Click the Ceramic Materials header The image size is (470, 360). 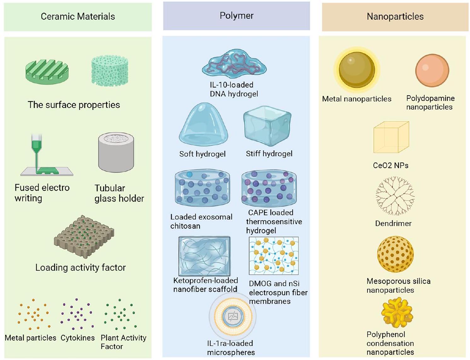click(78, 17)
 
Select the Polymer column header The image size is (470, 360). click(237, 16)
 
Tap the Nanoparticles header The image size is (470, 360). click(395, 17)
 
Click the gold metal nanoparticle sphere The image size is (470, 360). click(357, 70)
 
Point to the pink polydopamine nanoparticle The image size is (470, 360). click(432, 70)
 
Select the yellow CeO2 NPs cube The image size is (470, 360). click(391, 137)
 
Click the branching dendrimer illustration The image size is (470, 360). click(395, 196)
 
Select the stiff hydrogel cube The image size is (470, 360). click(267, 125)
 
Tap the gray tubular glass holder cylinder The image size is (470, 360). click(116, 152)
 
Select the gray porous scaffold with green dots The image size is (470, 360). click(84, 237)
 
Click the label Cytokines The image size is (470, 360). click(77, 338)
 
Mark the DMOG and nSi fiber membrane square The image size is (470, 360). click(273, 256)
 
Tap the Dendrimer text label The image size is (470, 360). click(393, 224)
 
